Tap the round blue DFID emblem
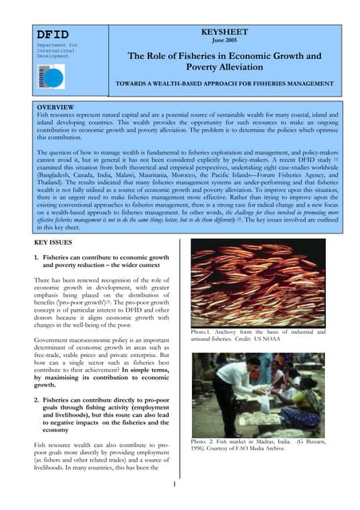coord(54,77)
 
